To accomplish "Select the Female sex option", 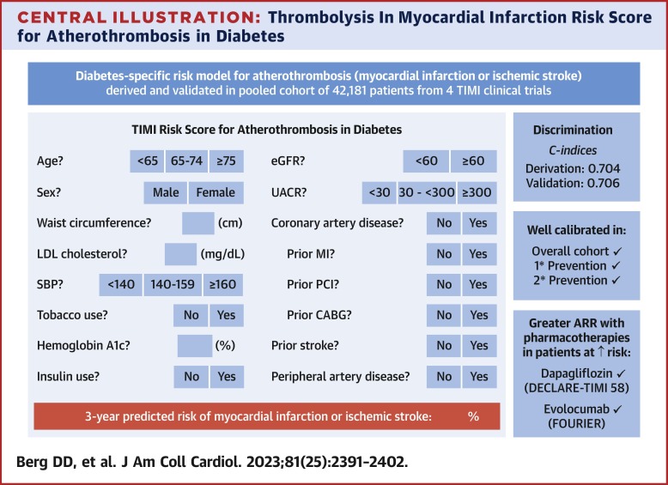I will coord(215,192).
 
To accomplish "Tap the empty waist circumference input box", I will coord(198,223).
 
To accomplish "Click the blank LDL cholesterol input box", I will coord(180,253).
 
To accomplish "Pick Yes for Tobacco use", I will coord(227,315).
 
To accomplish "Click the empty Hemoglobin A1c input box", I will coord(194,346).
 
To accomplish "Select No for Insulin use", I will coord(191,376).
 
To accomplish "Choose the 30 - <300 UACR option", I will coord(426,192).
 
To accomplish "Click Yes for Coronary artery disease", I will coord(477,223).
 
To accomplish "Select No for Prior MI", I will coord(444,253).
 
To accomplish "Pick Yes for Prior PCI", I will coord(477,285).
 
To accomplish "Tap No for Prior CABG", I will coord(444,315).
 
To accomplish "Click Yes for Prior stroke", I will coord(477,346).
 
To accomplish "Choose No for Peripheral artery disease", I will coord(444,376).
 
